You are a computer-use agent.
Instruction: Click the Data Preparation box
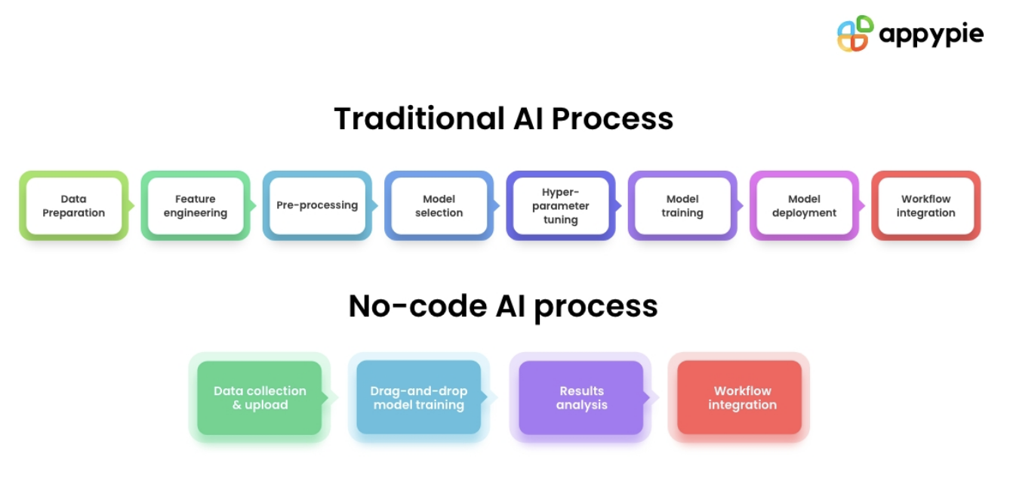[x=74, y=206]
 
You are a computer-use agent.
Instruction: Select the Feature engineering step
[x=196, y=206]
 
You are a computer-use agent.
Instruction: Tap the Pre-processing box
[x=317, y=205]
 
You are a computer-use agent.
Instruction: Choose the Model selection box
[x=439, y=206]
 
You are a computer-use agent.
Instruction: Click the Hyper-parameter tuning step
[x=560, y=206]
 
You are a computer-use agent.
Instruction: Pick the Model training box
[x=682, y=206]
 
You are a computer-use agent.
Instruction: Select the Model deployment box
[x=804, y=206]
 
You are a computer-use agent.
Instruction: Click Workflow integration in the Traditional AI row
[x=925, y=206]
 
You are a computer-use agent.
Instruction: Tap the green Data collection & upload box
[x=260, y=398]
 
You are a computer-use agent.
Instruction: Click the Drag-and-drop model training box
[x=419, y=398]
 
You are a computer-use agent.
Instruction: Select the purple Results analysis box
[x=581, y=398]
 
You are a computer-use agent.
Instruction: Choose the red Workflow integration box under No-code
[x=742, y=398]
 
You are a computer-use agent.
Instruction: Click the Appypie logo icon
[x=855, y=34]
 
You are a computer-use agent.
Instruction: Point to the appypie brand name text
[x=931, y=36]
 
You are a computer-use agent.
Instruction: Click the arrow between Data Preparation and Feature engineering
[x=131, y=205]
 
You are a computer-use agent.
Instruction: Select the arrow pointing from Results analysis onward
[x=654, y=397]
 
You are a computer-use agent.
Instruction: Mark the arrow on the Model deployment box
[x=862, y=205]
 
